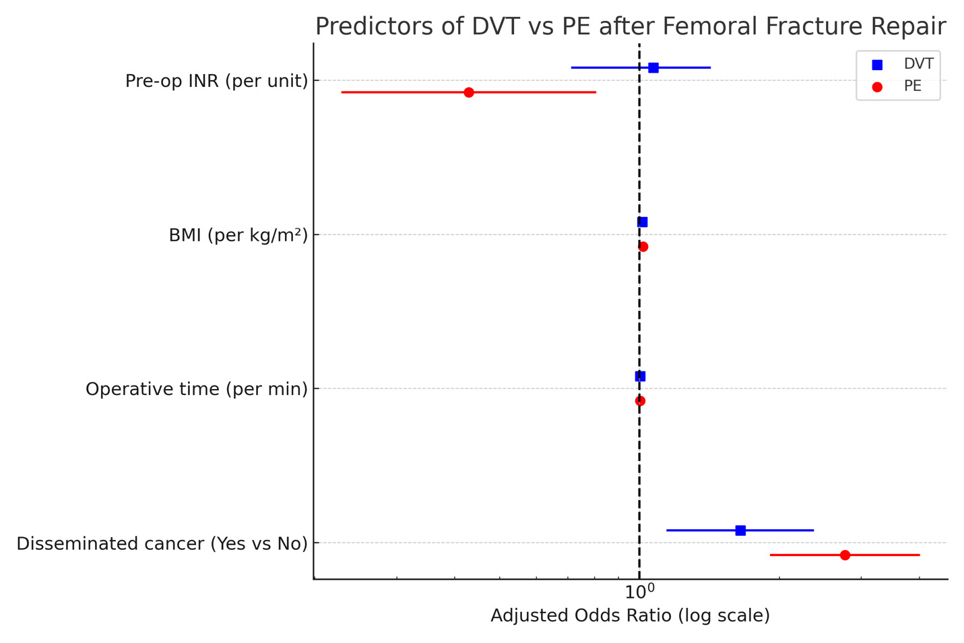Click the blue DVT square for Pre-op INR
[653, 67]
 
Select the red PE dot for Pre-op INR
[469, 92]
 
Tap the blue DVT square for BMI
[642, 222]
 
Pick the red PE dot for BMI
[643, 247]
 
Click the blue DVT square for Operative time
[640, 376]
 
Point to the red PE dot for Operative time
[640, 401]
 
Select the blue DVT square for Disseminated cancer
[740, 530]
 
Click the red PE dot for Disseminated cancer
[845, 555]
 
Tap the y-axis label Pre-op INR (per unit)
[216, 81]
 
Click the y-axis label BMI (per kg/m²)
[238, 235]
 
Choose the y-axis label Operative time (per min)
[196, 389]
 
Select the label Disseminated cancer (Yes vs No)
[162, 543]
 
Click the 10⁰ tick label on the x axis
[639, 592]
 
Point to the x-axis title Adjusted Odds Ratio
[630, 615]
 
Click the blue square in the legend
[877, 65]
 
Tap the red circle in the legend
[877, 87]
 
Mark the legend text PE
[912, 87]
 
